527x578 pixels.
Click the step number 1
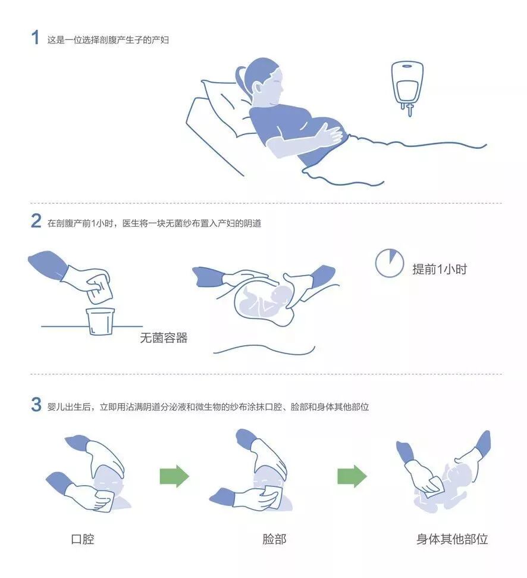click(35, 38)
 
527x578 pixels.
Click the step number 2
click(36, 221)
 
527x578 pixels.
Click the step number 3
click(36, 404)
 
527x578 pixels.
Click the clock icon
click(389, 263)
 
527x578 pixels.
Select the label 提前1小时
click(440, 269)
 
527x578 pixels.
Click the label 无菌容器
click(164, 338)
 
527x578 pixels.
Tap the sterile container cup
click(100, 321)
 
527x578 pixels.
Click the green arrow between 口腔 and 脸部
click(174, 476)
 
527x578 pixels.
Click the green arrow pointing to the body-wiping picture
click(352, 476)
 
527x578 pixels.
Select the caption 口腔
click(83, 539)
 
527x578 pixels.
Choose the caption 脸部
click(274, 539)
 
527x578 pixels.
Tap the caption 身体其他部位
click(452, 539)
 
